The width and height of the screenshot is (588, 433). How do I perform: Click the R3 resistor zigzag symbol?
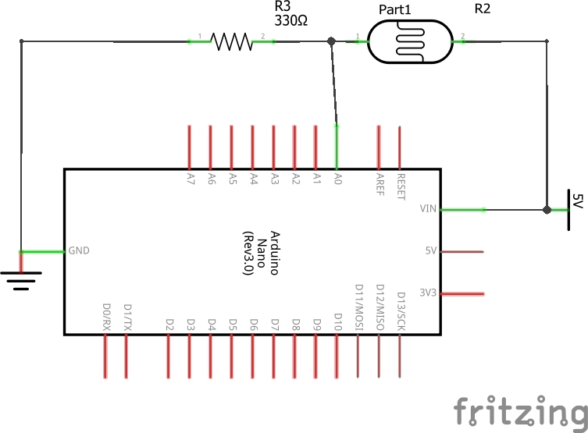point(231,41)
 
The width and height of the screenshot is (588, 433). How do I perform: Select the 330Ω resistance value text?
point(290,22)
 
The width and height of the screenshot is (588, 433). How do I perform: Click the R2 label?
point(483,9)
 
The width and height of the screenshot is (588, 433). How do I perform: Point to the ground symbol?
point(20,279)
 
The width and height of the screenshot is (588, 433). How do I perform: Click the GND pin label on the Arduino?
point(79,251)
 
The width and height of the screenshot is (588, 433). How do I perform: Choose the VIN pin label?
point(429,209)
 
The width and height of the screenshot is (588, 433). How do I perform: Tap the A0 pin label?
point(338,179)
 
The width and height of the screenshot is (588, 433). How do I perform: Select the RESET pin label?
point(401,186)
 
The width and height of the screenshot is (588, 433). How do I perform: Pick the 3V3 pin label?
point(428,293)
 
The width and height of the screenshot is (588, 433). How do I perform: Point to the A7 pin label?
point(191,179)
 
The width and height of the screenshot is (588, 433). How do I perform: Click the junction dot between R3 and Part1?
point(332,41)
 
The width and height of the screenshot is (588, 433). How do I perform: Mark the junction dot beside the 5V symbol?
point(547,210)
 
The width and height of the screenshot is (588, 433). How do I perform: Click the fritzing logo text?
point(519,410)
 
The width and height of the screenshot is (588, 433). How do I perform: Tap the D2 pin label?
point(169,322)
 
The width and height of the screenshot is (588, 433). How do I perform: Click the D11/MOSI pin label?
point(358,310)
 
